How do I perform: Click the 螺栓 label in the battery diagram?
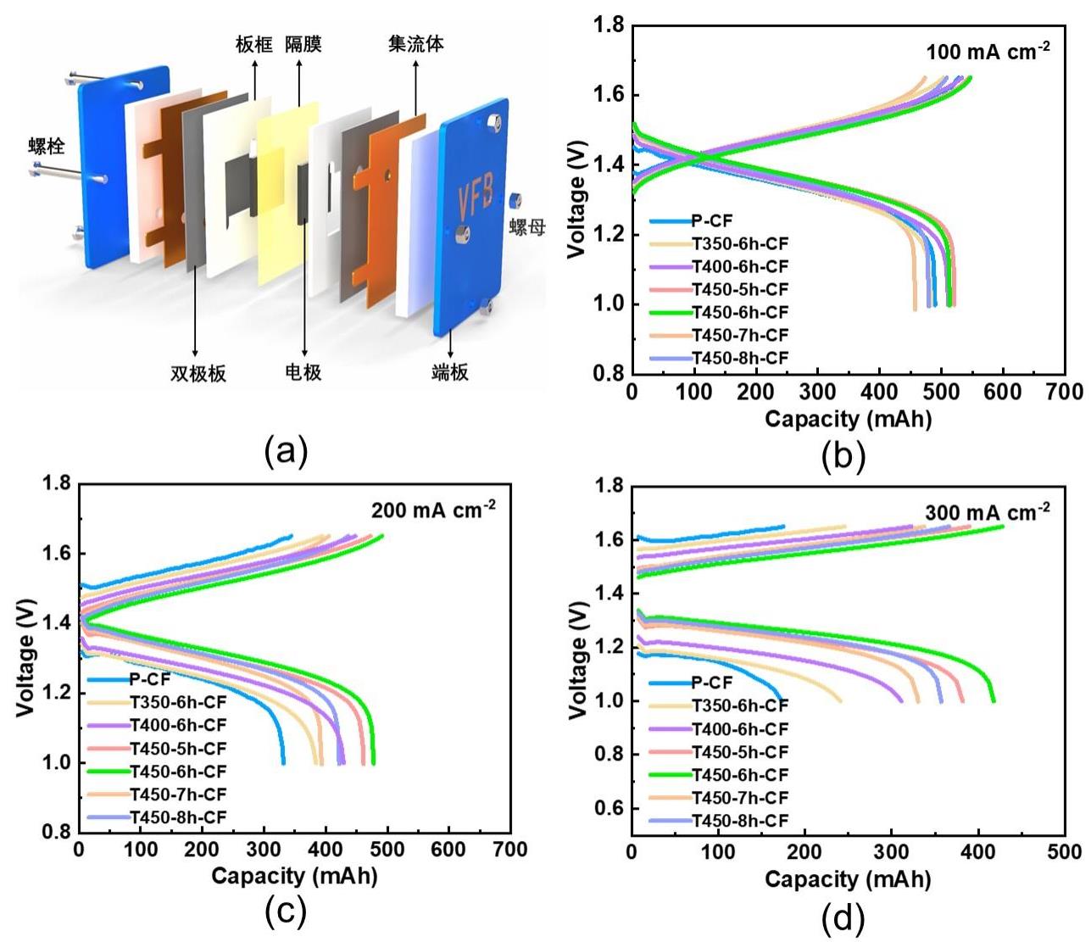tap(46, 146)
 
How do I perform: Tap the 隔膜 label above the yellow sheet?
tap(303, 43)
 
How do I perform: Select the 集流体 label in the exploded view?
tap(415, 43)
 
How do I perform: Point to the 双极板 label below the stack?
tap(198, 373)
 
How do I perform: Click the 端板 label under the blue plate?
tap(449, 372)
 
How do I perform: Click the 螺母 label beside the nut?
tap(526, 226)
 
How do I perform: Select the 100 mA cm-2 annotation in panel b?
tap(988, 52)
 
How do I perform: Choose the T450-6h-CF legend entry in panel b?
tap(739, 312)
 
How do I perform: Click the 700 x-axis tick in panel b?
tap(1065, 392)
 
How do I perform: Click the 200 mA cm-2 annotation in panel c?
tap(433, 510)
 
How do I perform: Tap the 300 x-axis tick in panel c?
tap(264, 850)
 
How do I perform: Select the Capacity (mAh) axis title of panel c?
tap(293, 876)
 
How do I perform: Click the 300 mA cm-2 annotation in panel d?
tap(987, 512)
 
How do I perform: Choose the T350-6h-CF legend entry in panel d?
tap(739, 705)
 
